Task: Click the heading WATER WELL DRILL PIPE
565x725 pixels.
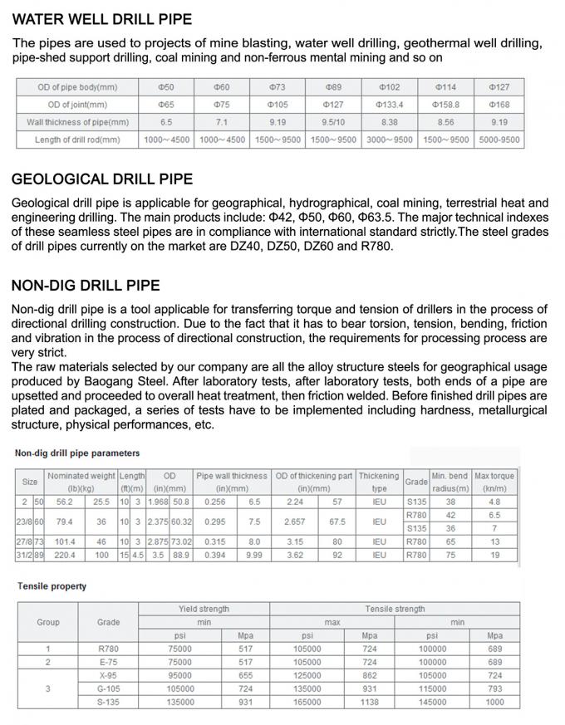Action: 102,18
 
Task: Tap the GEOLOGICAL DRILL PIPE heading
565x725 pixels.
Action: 101,179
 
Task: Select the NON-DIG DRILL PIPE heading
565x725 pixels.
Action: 86,286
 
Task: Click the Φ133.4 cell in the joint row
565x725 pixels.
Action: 389,105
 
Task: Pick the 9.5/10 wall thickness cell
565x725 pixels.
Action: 332,122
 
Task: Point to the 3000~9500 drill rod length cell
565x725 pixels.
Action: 389,140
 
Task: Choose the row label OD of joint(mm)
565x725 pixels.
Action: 72,105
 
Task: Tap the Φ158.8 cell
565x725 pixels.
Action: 445,105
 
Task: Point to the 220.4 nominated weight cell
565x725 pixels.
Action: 65,555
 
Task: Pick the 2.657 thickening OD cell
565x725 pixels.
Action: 294,522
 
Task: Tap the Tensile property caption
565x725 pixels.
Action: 52,586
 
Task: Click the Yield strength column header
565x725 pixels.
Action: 204,609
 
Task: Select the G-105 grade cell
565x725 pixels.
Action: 109,688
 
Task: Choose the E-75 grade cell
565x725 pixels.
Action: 109,662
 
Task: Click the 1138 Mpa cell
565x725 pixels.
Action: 370,702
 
